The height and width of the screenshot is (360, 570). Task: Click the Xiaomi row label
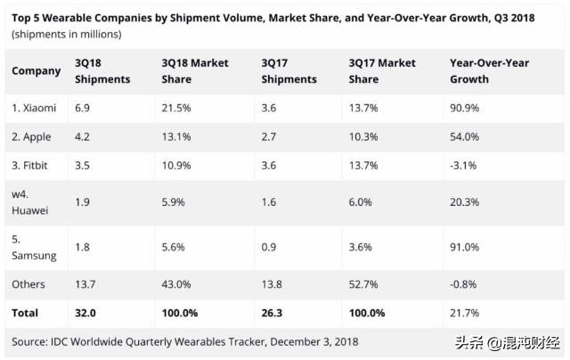(35, 108)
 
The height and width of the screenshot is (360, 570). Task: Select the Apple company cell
(31, 138)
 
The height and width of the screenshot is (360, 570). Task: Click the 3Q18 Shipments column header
(102, 71)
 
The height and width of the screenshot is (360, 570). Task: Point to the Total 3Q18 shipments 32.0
(87, 314)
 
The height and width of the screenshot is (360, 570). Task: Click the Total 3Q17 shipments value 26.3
(275, 314)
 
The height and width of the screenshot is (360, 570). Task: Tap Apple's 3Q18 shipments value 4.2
(82, 138)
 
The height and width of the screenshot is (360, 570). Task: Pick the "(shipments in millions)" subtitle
(67, 34)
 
